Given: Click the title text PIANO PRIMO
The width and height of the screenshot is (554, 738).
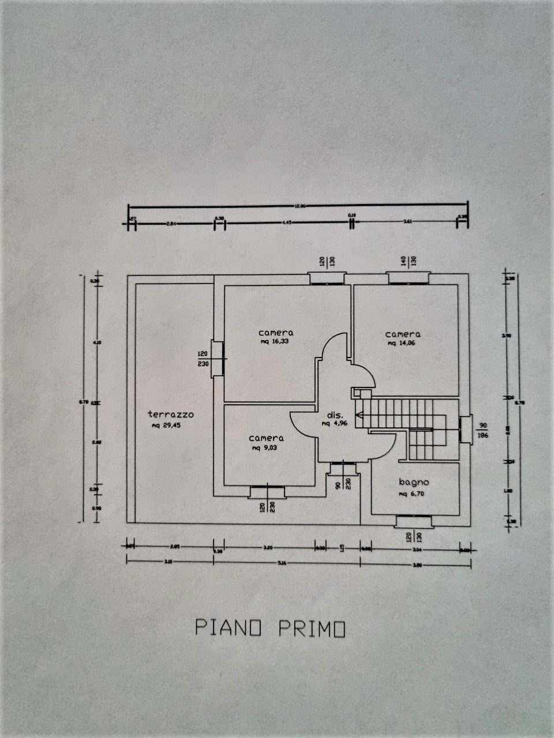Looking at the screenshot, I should click(x=270, y=628).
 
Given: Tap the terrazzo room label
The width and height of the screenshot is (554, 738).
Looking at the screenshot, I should click(x=170, y=414).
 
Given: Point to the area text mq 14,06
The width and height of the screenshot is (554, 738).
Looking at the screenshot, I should click(x=402, y=343).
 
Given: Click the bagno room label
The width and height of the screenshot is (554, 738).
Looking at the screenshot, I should click(x=414, y=482).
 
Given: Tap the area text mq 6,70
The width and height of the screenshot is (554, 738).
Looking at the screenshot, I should click(x=414, y=494).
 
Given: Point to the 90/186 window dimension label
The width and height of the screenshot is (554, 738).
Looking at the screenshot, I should click(x=483, y=430).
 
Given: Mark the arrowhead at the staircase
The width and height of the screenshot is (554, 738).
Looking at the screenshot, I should click(x=358, y=414).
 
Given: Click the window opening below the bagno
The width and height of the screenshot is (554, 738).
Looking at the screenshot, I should click(x=414, y=521).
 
